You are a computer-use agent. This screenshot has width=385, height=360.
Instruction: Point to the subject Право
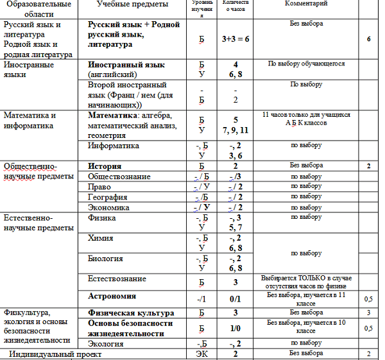[x=99, y=187]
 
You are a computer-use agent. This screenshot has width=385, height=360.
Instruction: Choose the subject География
[x=108, y=197]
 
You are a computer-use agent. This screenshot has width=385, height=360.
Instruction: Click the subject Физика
[x=101, y=218]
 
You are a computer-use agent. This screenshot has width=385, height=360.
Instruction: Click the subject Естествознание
[x=116, y=279]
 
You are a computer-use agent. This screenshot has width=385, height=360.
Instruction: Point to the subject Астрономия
[x=112, y=296]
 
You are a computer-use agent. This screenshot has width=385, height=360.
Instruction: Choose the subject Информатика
[x=113, y=146]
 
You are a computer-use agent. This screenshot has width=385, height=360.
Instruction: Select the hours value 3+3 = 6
[x=235, y=39]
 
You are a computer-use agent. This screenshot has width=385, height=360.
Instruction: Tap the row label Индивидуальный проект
[x=55, y=354]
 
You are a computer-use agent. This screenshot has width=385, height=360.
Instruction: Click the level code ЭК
[x=201, y=354]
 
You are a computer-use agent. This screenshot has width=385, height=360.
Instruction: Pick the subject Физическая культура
[x=131, y=313]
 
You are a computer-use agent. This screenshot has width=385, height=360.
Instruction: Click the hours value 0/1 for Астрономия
[x=235, y=298]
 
